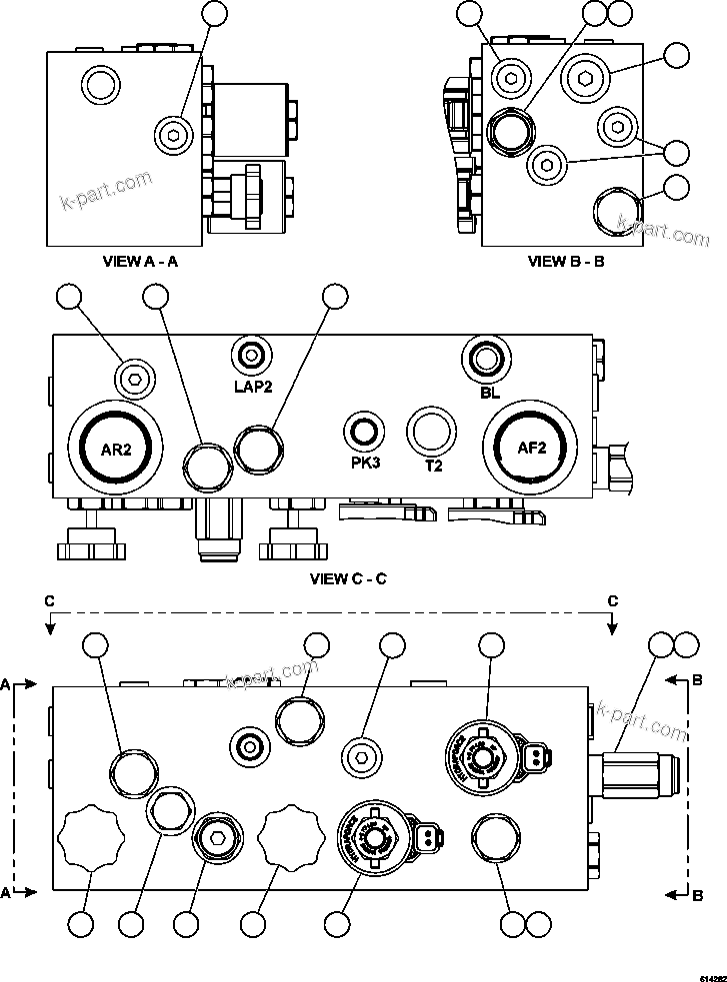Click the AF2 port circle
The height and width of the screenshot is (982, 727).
tap(531, 449)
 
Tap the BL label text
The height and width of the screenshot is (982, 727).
tap(489, 393)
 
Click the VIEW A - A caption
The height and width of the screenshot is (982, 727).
tap(141, 262)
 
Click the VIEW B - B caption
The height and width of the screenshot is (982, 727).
tap(567, 262)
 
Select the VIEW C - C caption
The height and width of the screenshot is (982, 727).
tap(348, 578)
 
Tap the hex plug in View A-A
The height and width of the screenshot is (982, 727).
tap(174, 134)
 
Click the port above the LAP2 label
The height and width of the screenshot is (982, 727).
tap(250, 356)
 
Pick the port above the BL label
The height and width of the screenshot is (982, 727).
tap(488, 358)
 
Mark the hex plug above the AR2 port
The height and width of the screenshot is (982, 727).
tap(133, 377)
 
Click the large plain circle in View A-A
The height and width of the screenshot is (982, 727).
tap(100, 84)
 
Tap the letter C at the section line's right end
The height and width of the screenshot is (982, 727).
tap(613, 600)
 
